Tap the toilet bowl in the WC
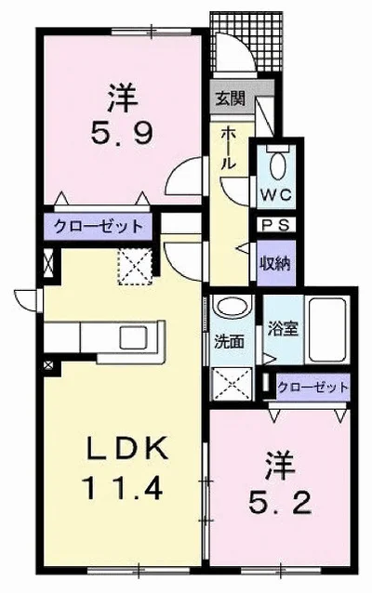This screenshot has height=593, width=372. click(x=278, y=165)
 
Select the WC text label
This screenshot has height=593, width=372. click(x=276, y=195)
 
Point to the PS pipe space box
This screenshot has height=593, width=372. click(x=276, y=225)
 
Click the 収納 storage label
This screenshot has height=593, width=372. click(x=274, y=263)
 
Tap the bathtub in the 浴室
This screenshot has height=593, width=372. click(x=327, y=331)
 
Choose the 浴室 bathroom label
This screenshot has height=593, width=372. click(x=283, y=329)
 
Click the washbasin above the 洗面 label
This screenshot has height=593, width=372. click(x=232, y=306)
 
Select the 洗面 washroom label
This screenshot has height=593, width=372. click(x=229, y=342)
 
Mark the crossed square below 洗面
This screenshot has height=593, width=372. click(x=232, y=384)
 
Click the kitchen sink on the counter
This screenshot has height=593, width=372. click(x=134, y=337)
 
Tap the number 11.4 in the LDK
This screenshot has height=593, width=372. click(x=122, y=487)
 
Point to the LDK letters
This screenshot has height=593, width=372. click(x=127, y=448)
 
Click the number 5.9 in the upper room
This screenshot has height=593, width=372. click(x=122, y=134)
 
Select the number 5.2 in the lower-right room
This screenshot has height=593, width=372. click(x=280, y=503)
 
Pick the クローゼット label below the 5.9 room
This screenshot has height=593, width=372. click(x=99, y=227)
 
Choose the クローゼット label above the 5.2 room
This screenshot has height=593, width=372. click(x=312, y=387)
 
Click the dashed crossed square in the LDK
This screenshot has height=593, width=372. click(x=135, y=267)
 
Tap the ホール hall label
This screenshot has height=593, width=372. click(x=228, y=149)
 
